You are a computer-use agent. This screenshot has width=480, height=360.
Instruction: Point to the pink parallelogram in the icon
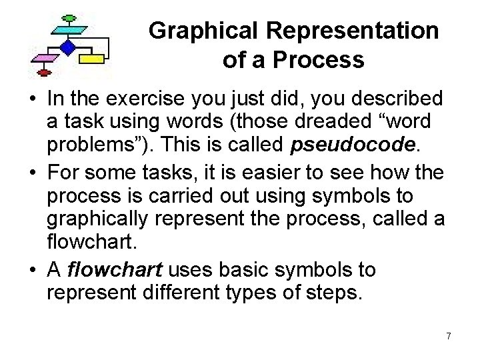click(x=45, y=58)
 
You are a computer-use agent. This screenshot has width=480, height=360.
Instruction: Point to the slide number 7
click(x=449, y=336)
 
